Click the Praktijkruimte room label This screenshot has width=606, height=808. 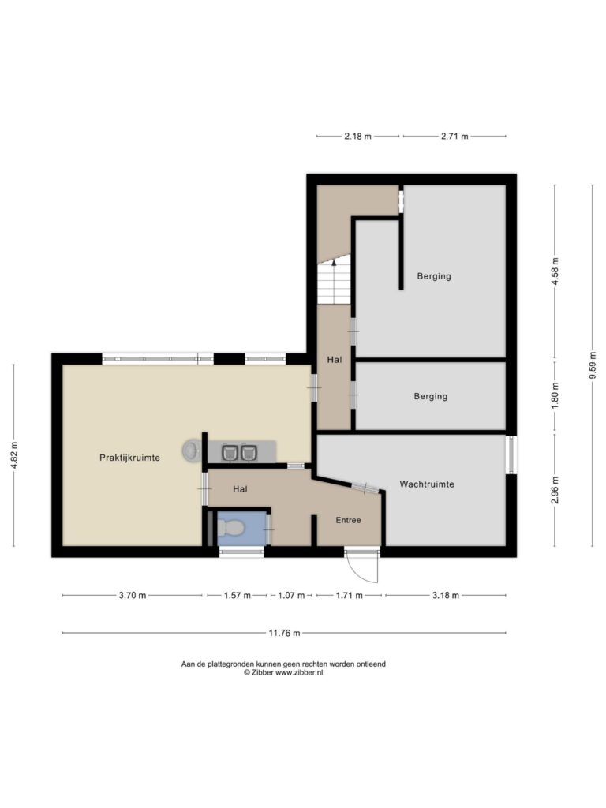point(129,458)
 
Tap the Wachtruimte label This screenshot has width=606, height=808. point(427,484)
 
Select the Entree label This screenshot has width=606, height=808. point(348,520)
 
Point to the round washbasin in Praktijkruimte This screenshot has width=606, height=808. point(191,451)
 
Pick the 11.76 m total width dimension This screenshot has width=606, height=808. point(284,633)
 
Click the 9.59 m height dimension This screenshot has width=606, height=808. point(593,365)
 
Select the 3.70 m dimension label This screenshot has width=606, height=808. point(133,595)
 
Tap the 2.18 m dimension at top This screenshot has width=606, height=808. point(357,136)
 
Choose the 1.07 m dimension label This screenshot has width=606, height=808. point(291,595)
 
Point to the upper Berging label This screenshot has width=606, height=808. point(434,276)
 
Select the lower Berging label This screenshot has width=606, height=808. point(430,396)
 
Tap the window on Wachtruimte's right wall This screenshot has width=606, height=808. point(511,455)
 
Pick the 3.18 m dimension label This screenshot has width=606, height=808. point(445,595)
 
